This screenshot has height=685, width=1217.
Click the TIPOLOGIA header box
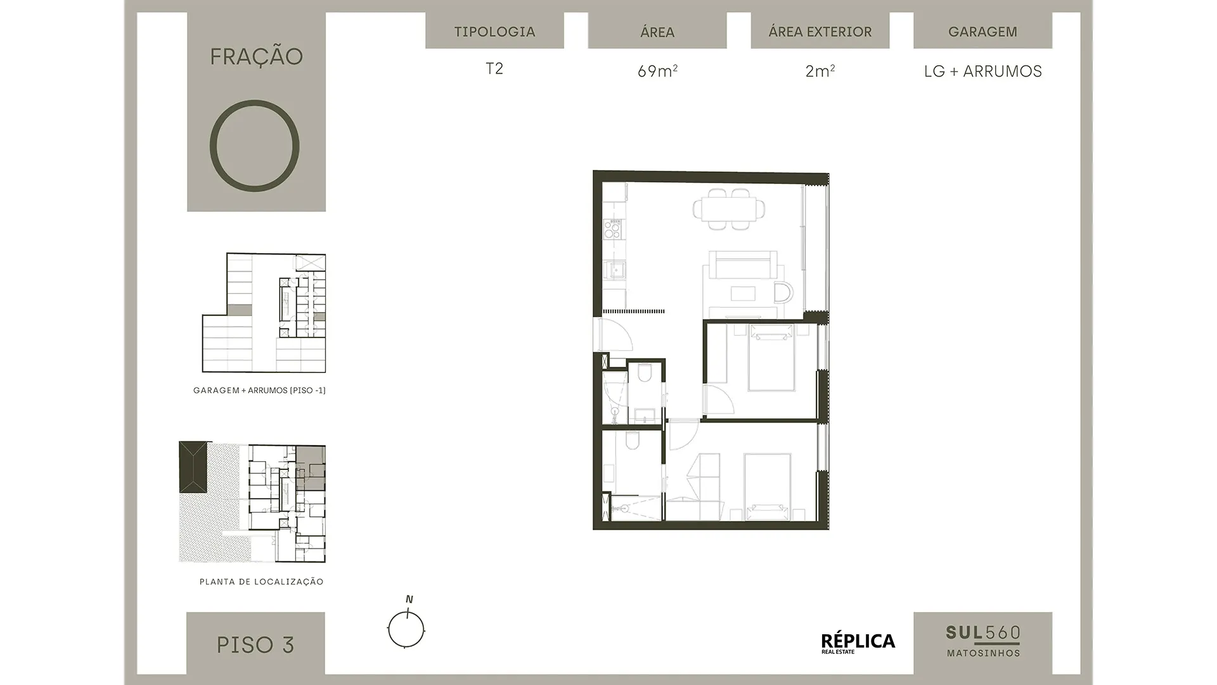tap(494, 30)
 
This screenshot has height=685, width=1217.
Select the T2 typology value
tap(494, 68)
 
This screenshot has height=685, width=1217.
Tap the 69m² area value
tap(657, 71)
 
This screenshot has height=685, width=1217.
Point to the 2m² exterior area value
tap(820, 71)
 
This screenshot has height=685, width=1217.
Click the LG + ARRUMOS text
tap(982, 71)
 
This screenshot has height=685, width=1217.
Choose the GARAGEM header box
tap(982, 30)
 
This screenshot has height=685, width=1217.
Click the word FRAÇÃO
tap(256, 56)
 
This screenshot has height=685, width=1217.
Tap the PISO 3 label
tap(255, 644)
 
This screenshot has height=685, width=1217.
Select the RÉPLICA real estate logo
tap(858, 643)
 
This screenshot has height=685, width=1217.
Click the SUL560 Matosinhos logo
tap(982, 641)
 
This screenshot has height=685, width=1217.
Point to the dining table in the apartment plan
tap(729, 209)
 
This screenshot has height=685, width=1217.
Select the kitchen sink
tap(614, 271)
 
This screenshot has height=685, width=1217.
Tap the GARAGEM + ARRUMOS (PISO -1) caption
tap(259, 391)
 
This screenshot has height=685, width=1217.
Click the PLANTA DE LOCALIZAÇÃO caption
tap(261, 582)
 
